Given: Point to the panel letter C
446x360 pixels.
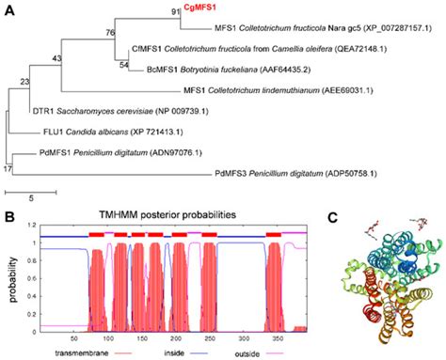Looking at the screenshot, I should pyautogui.click(x=334, y=219).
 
